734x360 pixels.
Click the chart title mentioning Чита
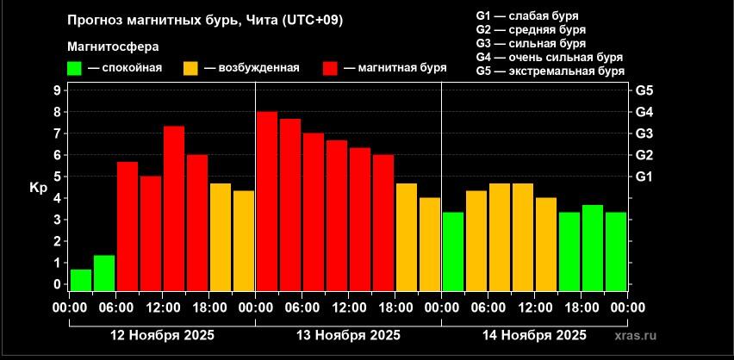pos(204,20)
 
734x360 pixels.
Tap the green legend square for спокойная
pos(76,68)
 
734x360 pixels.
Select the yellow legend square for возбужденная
pos(191,68)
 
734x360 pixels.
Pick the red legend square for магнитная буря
pos(330,68)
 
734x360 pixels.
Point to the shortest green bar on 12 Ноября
pos(81,281)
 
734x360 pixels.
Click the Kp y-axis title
pos(37,187)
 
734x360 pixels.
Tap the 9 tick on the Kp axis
pos(57,90)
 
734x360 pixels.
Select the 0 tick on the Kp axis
pos(57,284)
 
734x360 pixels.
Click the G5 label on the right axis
pos(644,90)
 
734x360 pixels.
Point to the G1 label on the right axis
pos(644,177)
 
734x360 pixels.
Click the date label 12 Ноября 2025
pos(161,335)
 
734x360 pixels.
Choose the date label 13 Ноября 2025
pos(347,335)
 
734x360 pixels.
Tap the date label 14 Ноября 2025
pos(533,335)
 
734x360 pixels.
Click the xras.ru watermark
pos(642,336)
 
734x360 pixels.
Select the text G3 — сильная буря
pos(531,43)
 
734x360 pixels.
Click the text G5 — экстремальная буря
pos(550,71)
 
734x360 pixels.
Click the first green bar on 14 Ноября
pos(452,251)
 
